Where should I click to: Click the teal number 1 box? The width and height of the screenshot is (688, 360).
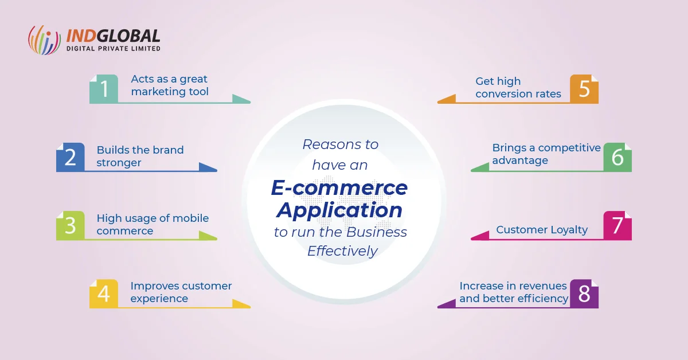pyautogui.click(x=104, y=89)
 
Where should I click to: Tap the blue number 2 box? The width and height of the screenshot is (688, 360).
pyautogui.click(x=71, y=157)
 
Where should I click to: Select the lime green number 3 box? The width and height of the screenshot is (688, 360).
pyautogui.click(x=71, y=225)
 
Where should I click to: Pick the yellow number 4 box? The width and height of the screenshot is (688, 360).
pyautogui.click(x=104, y=294)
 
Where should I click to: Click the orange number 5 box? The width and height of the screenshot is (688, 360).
pyautogui.click(x=584, y=89)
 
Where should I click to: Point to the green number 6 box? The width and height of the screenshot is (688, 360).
pyautogui.click(x=617, y=157)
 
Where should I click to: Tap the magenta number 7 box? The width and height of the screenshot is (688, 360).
pyautogui.click(x=617, y=225)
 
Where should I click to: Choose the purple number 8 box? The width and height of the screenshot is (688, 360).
pyautogui.click(x=584, y=294)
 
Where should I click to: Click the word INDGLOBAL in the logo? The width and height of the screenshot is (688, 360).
pyautogui.click(x=113, y=36)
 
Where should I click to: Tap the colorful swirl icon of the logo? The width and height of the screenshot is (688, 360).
pyautogui.click(x=44, y=40)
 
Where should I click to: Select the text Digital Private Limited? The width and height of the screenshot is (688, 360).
pyautogui.click(x=114, y=49)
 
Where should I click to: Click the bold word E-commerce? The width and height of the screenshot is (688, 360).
pyautogui.click(x=339, y=187)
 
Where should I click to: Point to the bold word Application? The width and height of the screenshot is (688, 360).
pyautogui.click(x=339, y=211)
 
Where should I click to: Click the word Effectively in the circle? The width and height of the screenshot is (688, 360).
pyautogui.click(x=342, y=251)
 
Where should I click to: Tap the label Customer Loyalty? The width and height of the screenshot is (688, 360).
pyautogui.click(x=542, y=230)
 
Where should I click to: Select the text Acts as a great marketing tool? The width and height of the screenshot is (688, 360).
pyautogui.click(x=170, y=85)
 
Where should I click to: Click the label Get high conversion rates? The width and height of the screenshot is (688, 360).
pyautogui.click(x=518, y=88)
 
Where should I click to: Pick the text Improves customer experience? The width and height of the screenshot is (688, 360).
pyautogui.click(x=181, y=292)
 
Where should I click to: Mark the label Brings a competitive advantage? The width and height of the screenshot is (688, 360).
pyautogui.click(x=546, y=154)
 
